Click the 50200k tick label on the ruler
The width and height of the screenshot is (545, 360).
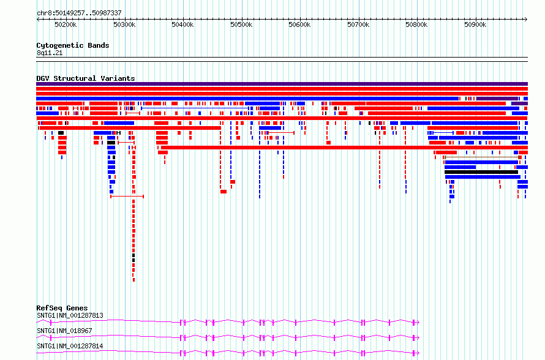coord(66,24)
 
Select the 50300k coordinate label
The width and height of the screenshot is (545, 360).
coord(124,24)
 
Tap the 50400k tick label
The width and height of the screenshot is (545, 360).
coord(183,24)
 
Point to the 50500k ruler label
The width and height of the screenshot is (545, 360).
coord(241,24)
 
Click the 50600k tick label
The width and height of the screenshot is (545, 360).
coord(299,24)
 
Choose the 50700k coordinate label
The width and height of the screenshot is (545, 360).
coord(358,24)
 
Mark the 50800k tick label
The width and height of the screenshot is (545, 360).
coord(417,24)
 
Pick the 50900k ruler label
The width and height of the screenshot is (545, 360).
coord(475,24)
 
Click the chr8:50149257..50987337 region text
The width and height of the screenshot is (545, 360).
coord(79,13)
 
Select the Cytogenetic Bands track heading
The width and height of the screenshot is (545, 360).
coord(73,45)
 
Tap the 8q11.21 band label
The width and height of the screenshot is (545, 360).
coord(50,53)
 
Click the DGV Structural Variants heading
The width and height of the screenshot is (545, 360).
coord(86,78)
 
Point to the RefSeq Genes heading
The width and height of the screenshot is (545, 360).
coord(62,308)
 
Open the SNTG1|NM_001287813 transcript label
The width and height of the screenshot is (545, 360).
coord(70,315)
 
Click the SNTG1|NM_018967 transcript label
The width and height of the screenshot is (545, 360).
coord(64,331)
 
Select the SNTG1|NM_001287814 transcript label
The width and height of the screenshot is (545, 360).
coord(70,346)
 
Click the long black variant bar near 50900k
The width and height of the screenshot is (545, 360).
coord(481,172)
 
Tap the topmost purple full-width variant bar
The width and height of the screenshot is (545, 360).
coord(282,84)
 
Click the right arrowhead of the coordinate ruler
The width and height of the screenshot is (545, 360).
coord(526,20)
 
